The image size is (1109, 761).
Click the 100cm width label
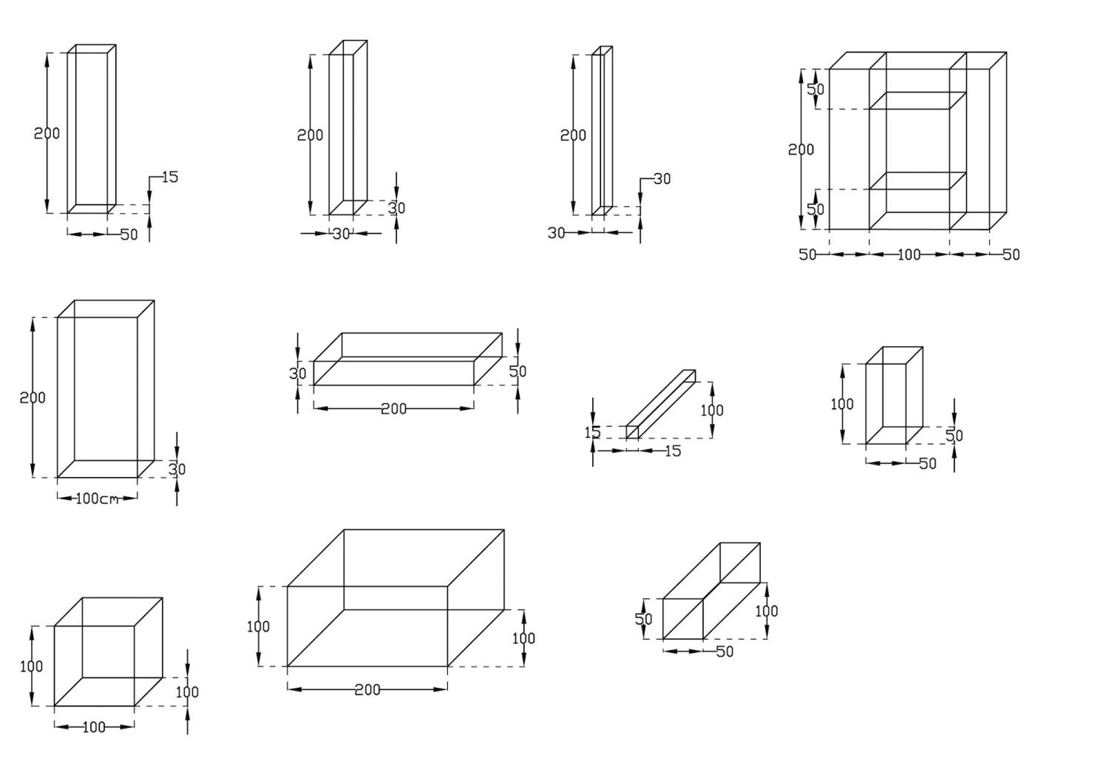coord(97,499)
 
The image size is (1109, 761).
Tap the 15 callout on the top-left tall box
coord(169,177)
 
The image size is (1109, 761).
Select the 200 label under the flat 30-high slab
coord(393,408)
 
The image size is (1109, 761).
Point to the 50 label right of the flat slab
coord(518,371)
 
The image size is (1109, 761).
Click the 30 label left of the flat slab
coord(297,373)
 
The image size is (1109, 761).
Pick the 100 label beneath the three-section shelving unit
coord(909,255)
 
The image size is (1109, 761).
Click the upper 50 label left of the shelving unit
coord(815,89)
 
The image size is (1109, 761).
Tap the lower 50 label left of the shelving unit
coord(815,209)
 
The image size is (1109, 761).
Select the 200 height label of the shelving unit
coord(801,149)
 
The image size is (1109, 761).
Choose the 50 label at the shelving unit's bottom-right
coord(1011,255)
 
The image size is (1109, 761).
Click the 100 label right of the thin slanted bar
coord(712,410)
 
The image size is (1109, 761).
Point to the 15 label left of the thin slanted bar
coord(592,433)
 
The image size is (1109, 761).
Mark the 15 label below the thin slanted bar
coord(672,451)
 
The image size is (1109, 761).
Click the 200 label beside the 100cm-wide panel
coord(33,398)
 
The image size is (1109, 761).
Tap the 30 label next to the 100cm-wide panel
coord(177,469)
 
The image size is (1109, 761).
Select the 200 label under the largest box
coord(367,690)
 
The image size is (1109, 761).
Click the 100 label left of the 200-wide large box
coord(258,627)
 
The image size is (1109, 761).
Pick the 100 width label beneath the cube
coord(94,728)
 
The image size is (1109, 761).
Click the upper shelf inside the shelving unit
coord(918,101)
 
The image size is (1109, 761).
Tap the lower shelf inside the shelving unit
coord(918,181)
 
